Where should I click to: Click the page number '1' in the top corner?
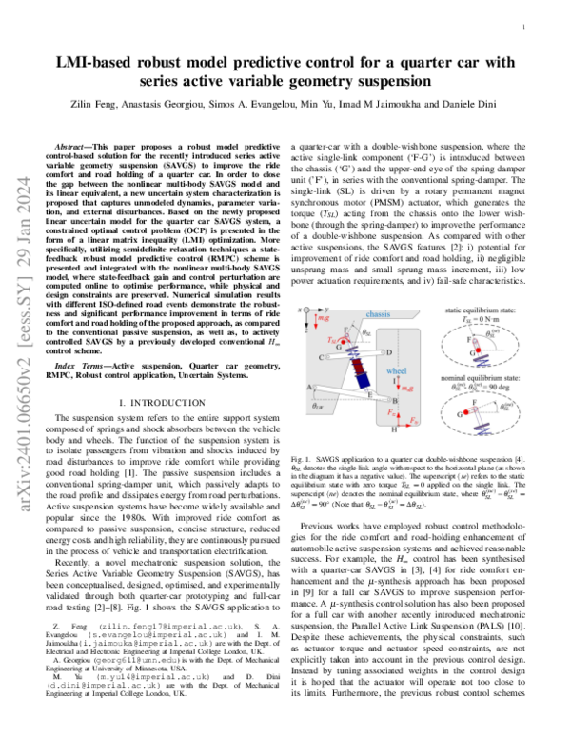click(x=524, y=29)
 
